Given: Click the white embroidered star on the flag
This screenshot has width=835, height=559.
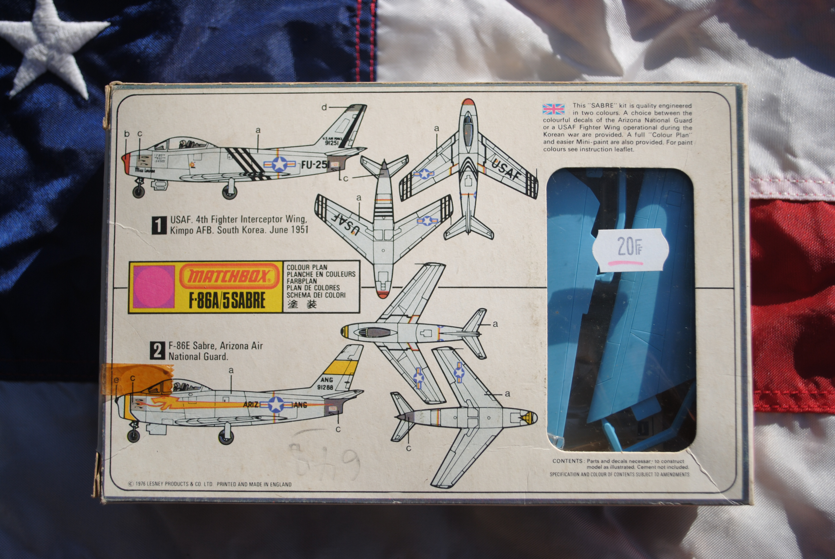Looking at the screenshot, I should pyautogui.click(x=50, y=46).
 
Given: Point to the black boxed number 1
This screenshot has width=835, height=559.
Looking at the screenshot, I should pyautogui.click(x=159, y=225).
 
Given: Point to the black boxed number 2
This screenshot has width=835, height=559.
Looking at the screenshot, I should pyautogui.click(x=157, y=351).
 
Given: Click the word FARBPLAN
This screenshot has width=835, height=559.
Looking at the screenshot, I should pyautogui.click(x=301, y=281).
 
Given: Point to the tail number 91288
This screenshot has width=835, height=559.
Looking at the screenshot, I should pyautogui.click(x=325, y=387).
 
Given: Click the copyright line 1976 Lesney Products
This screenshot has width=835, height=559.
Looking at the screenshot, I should pyautogui.click(x=210, y=484).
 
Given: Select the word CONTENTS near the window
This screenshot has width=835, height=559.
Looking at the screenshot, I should pyautogui.click(x=567, y=461).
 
